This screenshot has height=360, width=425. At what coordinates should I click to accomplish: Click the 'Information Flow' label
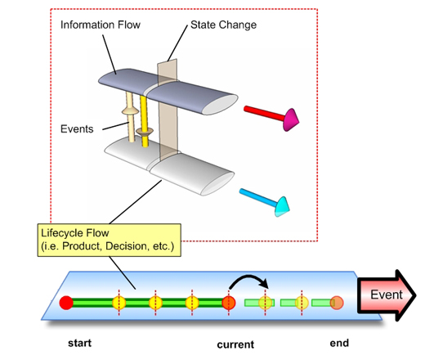click(101, 25)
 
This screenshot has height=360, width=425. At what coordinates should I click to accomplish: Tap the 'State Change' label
click(223, 25)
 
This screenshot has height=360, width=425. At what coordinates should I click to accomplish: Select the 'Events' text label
click(77, 129)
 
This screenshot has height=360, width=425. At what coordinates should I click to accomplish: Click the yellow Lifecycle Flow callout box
click(109, 240)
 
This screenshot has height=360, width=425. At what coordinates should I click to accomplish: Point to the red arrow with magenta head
click(271, 117)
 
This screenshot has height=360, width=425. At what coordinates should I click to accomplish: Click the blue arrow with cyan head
click(264, 202)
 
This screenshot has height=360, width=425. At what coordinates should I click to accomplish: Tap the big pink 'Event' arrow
click(387, 295)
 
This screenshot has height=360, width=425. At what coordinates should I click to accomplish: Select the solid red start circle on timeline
click(66, 303)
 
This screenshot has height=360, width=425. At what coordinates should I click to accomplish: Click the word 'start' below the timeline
click(79, 343)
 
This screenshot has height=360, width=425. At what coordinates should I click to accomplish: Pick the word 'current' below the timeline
click(235, 344)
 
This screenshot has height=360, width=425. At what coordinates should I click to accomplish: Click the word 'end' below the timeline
click(339, 343)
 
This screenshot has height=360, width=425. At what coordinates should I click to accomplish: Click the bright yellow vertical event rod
click(144, 121)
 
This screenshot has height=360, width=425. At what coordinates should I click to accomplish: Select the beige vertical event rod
click(131, 117)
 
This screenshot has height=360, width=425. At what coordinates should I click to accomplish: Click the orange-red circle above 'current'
click(229, 303)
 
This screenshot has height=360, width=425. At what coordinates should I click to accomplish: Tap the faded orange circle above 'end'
click(337, 303)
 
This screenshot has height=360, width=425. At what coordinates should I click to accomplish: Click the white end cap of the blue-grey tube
click(220, 105)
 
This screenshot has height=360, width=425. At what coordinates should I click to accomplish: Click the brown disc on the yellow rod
click(145, 133)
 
